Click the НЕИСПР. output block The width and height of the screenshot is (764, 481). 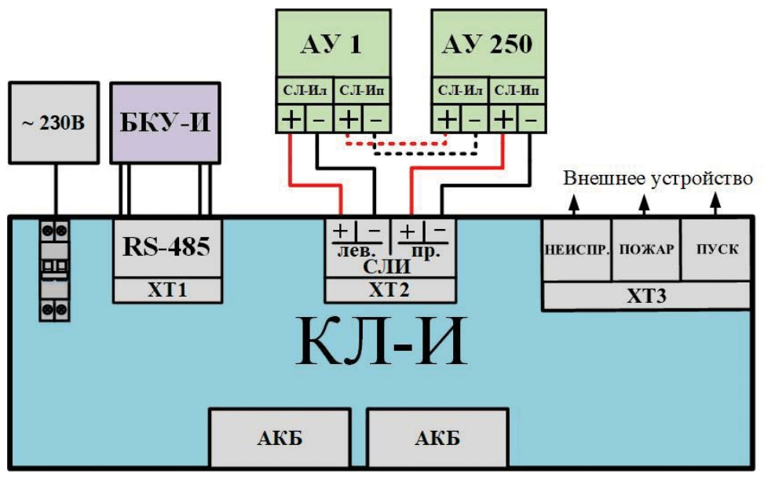(x=576, y=250)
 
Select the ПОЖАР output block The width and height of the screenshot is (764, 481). (x=645, y=250)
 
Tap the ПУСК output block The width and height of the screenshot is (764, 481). (x=715, y=250)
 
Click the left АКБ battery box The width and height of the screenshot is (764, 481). (x=279, y=438)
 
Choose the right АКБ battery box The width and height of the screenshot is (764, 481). (x=437, y=438)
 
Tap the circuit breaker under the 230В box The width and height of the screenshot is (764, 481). (x=53, y=269)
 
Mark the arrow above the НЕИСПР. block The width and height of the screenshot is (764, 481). (x=575, y=202)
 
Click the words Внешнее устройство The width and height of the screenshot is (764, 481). (x=658, y=179)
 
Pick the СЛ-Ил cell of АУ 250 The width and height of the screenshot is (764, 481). (x=460, y=90)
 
